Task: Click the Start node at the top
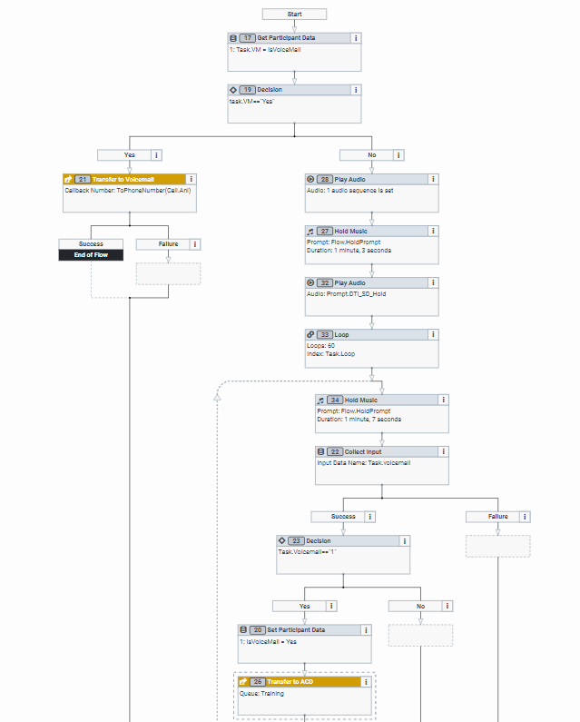294,15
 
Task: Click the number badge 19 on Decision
248,90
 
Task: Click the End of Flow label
91,255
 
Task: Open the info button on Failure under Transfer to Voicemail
194,244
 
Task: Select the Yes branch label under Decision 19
130,154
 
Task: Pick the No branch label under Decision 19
372,154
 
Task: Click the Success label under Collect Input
343,516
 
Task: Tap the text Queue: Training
261,693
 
